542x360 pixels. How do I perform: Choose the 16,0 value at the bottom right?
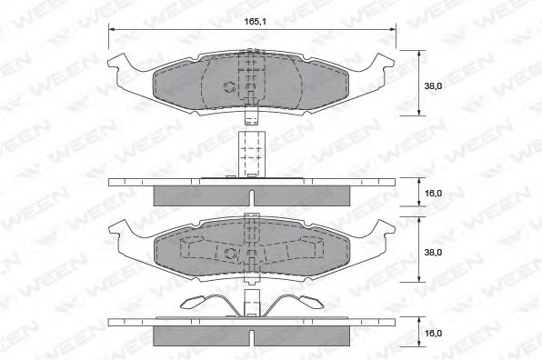433,333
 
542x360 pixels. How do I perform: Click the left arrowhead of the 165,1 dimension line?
113,29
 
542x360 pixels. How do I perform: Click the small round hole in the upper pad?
229,87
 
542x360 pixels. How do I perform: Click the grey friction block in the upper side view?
252,195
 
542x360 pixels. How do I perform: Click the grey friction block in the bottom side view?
252,335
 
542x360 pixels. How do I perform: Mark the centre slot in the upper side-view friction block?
252,196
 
